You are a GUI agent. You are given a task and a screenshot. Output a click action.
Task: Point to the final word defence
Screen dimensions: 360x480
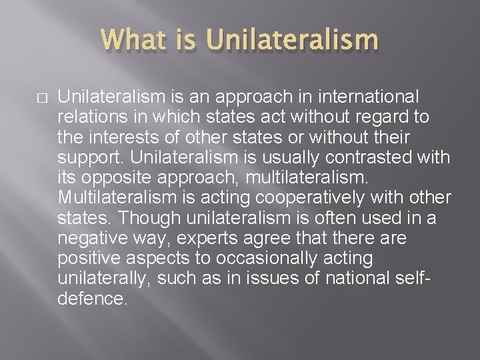point(91,299)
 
